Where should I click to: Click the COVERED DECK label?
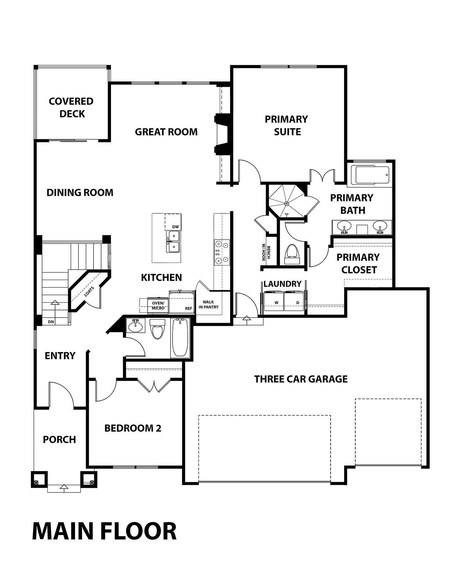[71, 107]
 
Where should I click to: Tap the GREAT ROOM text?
[166, 132]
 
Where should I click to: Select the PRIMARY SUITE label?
[286, 125]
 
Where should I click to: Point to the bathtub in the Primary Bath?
[370, 175]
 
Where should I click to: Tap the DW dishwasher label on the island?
[176, 227]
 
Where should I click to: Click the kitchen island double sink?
[173, 241]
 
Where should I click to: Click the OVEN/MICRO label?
[158, 306]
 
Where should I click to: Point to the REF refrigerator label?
[188, 308]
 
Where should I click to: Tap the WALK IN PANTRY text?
[208, 304]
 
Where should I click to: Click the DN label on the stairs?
[51, 322]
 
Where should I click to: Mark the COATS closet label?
[89, 291]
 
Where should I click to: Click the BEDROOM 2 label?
[133, 428]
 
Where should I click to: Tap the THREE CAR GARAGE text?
[301, 379]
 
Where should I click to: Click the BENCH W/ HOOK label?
[266, 253]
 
